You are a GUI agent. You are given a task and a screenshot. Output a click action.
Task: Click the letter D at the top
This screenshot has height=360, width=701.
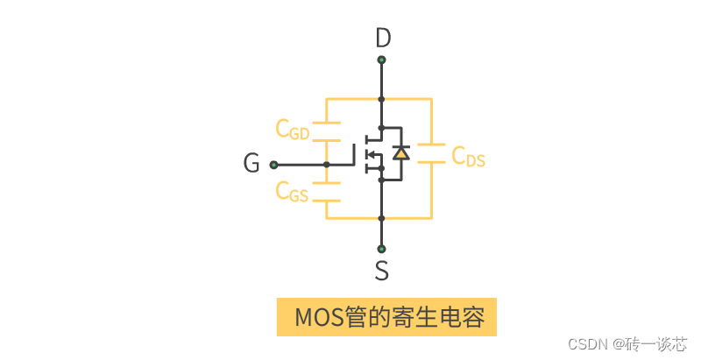382,39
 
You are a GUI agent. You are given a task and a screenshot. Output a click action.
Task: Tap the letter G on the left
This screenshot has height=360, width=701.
251,164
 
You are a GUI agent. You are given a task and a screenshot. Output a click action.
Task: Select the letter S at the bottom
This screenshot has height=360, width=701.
382,271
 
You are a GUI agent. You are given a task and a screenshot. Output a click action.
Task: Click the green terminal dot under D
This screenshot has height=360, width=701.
381,60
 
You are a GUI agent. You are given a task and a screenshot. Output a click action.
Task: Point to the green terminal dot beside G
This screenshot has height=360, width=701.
273,164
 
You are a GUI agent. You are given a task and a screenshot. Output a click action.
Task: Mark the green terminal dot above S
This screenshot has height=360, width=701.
381,248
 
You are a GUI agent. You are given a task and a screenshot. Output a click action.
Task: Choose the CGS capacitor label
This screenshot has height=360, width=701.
292,191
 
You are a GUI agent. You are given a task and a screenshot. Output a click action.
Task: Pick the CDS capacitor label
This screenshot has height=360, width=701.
468,156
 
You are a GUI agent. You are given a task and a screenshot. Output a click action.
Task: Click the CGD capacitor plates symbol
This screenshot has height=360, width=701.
326,131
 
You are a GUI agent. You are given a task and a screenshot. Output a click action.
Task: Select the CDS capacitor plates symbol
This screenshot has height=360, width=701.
431,152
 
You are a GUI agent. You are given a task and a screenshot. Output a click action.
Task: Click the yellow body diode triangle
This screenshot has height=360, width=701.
401,153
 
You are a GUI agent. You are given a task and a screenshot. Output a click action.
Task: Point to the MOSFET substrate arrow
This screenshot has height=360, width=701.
372,155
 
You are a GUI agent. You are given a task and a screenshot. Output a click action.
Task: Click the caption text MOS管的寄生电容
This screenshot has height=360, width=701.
387,316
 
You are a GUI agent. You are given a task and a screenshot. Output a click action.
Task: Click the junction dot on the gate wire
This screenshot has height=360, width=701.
326,164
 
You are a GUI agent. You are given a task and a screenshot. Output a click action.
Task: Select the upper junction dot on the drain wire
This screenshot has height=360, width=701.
381,99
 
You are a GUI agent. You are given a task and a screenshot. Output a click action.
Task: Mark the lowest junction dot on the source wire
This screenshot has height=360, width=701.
381,218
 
